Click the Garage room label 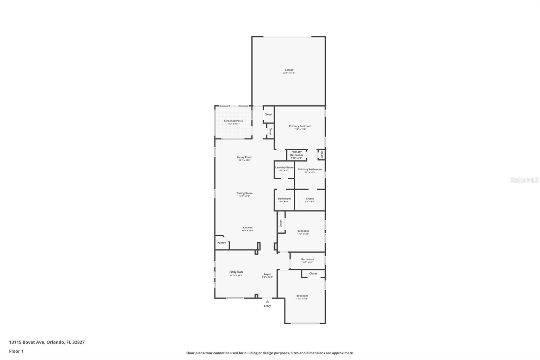coord(289,70)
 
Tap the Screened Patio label coord(233,121)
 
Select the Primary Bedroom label coord(300,126)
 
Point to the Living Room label coord(244,157)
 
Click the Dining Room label coord(244,194)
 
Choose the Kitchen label coord(247,228)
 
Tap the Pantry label coord(221,243)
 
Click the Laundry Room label coord(284,168)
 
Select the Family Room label coord(236,272)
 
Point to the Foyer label coord(267,275)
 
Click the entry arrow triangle coord(267,302)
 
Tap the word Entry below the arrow coord(267,306)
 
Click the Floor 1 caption coord(16,351)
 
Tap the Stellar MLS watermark coord(524,180)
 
